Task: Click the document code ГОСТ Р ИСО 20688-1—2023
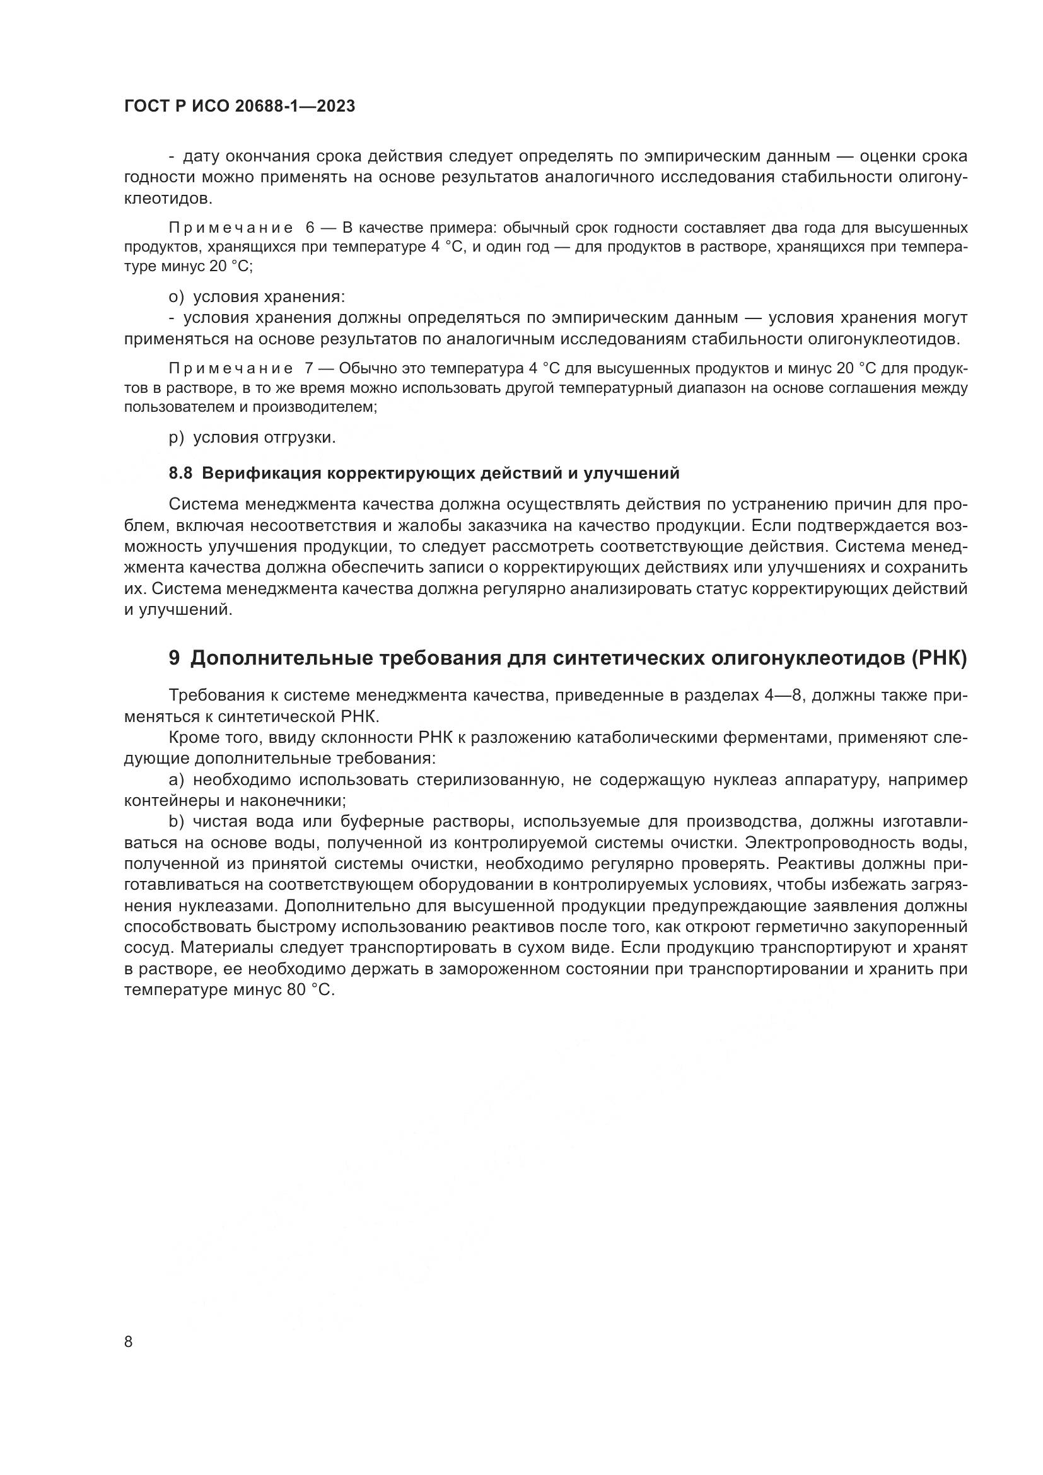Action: [239, 107]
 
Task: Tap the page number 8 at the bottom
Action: [129, 1342]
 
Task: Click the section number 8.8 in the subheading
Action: [180, 474]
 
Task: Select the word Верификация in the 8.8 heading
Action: [260, 474]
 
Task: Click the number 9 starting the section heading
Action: [174, 658]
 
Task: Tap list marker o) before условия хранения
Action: [176, 297]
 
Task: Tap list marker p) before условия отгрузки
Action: [176, 438]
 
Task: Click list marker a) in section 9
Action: [176, 780]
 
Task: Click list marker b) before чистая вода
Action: [176, 822]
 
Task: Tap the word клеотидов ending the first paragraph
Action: [167, 199]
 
